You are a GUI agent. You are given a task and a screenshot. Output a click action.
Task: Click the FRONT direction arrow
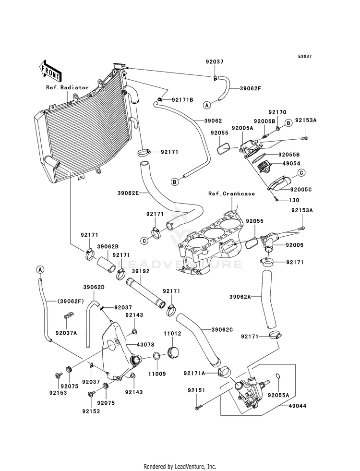coord(50,71)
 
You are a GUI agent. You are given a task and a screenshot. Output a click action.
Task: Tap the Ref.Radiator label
coord(67,87)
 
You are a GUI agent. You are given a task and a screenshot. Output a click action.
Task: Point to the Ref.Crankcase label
coord(231,194)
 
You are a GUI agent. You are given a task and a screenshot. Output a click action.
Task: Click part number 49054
coord(291,164)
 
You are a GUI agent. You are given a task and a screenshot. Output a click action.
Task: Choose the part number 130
coord(294,200)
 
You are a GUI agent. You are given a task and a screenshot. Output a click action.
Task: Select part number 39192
coord(141,271)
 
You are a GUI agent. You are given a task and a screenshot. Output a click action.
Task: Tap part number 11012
coord(172,333)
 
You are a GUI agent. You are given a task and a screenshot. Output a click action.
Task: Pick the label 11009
coord(157,374)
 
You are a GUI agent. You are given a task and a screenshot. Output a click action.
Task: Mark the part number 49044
coord(298,406)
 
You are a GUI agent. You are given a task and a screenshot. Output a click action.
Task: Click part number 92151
coord(196,390)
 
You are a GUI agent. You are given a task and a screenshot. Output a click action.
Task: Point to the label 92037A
coord(66,333)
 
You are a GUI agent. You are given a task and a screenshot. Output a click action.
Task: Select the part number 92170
coord(277,112)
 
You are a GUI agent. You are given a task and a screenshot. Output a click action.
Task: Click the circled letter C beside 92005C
coord(301,173)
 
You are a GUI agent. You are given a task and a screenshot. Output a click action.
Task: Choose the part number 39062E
coord(128,193)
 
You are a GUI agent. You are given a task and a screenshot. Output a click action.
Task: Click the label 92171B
coord(182,100)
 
